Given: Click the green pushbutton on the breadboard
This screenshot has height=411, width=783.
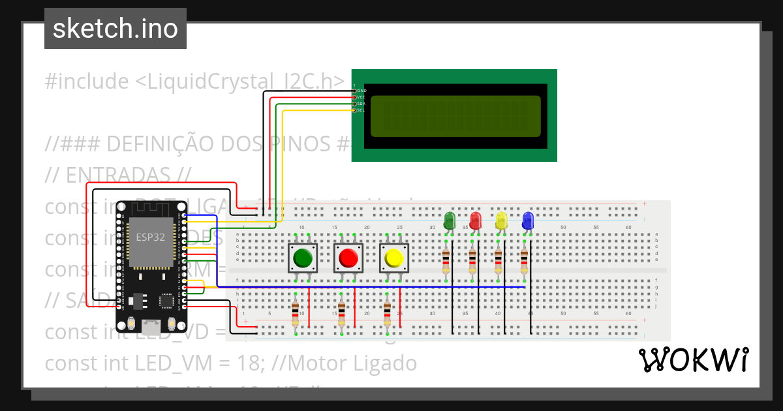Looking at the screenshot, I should pos(303,258).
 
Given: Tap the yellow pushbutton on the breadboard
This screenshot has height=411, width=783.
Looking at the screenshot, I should pos(394,258).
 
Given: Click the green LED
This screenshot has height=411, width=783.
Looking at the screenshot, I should pos(449,220).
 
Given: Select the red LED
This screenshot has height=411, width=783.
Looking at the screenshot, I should pos(475,220).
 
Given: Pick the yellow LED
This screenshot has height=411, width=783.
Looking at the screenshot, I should pos(501,220).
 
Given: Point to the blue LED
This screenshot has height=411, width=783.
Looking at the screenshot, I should pos(527,220).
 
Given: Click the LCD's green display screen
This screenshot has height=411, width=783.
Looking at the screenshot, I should pos(455,116).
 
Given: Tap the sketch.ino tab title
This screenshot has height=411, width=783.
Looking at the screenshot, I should pos(115,29).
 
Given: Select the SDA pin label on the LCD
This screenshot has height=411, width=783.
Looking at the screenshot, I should pos(360,104).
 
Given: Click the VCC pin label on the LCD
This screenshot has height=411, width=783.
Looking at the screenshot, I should pos(360,97).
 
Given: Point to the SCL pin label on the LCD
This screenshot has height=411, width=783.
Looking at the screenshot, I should pos(360,110).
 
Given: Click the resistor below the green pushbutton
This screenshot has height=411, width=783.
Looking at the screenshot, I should pos(296,314).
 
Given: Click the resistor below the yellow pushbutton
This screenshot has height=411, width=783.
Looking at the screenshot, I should pos(387,314).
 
